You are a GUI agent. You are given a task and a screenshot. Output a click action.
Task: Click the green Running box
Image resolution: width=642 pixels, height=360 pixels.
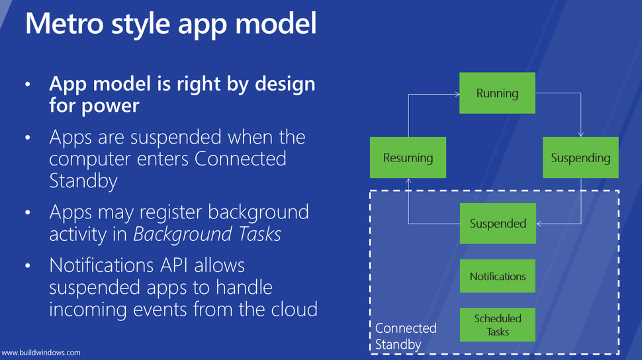tap(497, 93)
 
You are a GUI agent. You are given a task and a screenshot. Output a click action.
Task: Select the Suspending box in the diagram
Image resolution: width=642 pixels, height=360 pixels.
tap(580, 158)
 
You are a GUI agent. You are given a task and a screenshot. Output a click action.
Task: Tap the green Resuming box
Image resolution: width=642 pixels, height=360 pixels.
tap(408, 158)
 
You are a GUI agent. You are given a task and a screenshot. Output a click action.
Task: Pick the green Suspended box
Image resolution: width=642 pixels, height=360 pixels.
tap(497, 224)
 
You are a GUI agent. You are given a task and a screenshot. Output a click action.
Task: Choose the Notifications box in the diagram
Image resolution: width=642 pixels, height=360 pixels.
tap(497, 277)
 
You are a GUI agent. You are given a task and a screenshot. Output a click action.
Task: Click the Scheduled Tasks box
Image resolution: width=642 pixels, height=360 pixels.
tap(497, 325)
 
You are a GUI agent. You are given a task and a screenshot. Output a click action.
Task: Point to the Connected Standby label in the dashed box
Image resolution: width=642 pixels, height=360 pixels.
tap(405, 336)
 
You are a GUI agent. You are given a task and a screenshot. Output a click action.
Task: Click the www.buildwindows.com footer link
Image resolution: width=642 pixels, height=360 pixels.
tap(41, 353)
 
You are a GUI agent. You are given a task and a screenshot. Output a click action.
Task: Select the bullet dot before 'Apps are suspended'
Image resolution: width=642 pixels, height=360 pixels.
tap(28, 138)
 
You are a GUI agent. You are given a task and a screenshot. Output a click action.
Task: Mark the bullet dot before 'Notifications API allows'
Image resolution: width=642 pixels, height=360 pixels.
tap(28, 266)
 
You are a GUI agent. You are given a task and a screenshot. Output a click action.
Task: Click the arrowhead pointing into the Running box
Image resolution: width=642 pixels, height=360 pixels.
tap(457, 94)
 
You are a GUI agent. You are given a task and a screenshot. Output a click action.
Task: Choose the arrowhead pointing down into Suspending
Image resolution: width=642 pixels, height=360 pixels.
tap(580, 134)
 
